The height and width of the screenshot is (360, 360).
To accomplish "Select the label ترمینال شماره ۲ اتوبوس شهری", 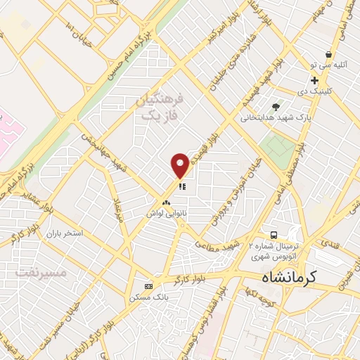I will (x=274, y=252).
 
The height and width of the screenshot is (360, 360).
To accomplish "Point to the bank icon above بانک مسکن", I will (x=148, y=286).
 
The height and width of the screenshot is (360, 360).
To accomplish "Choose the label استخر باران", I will (x=65, y=231).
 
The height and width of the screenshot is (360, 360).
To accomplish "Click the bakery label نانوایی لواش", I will (x=166, y=212).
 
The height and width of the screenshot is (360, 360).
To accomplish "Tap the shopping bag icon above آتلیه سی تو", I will (x=328, y=54).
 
